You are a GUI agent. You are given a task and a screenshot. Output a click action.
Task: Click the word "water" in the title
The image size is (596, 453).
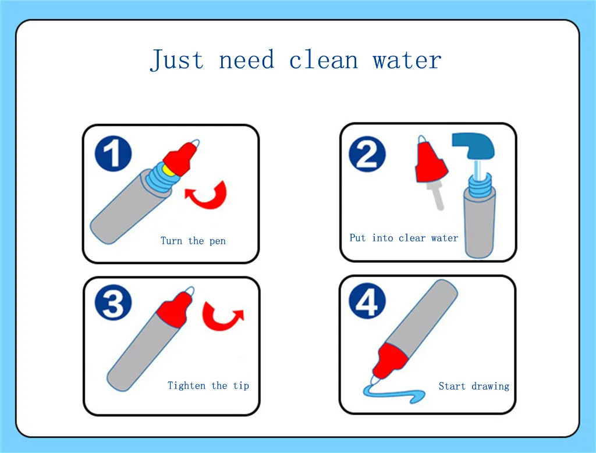click(x=407, y=60)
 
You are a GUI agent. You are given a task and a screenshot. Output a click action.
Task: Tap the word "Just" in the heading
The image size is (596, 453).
click(x=177, y=60)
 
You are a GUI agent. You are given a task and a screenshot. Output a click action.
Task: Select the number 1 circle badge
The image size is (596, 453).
click(x=113, y=154)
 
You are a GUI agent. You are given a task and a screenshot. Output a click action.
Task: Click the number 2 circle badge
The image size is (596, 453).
click(x=367, y=154)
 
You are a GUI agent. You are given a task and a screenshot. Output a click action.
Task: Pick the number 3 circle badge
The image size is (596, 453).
click(x=113, y=302)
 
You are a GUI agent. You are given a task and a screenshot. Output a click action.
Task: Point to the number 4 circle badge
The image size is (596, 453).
click(x=367, y=301)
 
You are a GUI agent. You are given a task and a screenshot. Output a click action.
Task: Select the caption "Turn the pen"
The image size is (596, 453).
click(x=193, y=241)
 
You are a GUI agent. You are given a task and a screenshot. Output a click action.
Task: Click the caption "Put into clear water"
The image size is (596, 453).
click(x=404, y=238)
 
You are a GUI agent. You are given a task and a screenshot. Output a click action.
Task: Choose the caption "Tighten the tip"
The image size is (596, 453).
click(x=208, y=386)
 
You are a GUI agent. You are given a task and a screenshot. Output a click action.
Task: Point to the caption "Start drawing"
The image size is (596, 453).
click(x=474, y=386)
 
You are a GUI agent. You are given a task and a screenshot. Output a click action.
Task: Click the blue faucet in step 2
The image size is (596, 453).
click(x=474, y=146)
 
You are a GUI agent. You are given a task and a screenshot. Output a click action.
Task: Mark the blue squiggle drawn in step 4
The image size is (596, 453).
click(x=393, y=394)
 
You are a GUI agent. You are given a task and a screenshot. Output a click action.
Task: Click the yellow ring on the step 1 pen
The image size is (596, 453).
click(x=168, y=170)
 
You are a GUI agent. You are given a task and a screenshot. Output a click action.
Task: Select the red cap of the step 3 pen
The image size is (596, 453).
click(x=175, y=308)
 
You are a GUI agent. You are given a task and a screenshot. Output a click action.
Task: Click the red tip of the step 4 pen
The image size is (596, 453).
click(x=389, y=361)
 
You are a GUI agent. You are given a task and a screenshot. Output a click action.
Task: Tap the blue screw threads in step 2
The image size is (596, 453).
click(x=480, y=185)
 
